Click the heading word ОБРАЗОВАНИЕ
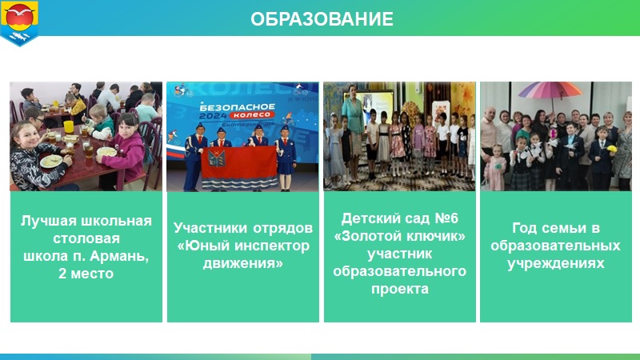pos(322,19)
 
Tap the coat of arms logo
pos(19,23)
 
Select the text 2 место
pos(86,274)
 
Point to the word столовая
pos(86,238)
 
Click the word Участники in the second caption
pos(210,229)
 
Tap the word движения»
pos(243,263)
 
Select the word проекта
pos(399,290)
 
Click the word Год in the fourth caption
pos(525,228)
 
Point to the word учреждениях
pos(555,264)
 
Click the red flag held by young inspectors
pos(239,166)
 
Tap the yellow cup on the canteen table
pos(69,127)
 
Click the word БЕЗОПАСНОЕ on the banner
pos(237,107)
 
